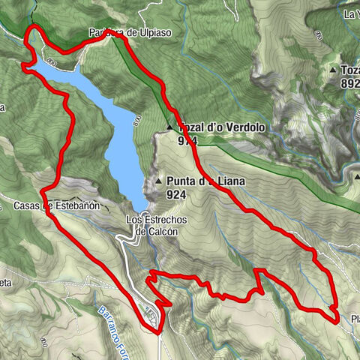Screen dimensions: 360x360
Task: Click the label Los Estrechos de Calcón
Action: pyautogui.click(x=156, y=226)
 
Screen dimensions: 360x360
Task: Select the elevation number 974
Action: pyautogui.click(x=188, y=140)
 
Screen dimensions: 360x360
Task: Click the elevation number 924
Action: pyautogui.click(x=177, y=194)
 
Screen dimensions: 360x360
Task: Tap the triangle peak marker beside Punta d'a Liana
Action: pyautogui.click(x=159, y=181)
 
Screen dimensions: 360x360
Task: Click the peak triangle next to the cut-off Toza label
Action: pyautogui.click(x=333, y=70)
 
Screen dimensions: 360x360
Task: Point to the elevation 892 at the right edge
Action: pyautogui.click(x=349, y=84)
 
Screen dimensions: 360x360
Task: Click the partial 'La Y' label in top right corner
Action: pyautogui.click(x=350, y=13)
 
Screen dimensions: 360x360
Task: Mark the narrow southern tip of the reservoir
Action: pyautogui.click(x=141, y=206)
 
